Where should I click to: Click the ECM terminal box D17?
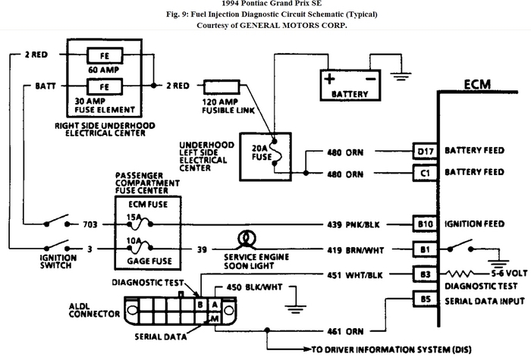425,152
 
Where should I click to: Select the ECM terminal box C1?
425,174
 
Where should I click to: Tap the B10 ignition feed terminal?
425,224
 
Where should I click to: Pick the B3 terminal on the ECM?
425,274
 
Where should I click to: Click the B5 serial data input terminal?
425,299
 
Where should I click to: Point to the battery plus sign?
329,79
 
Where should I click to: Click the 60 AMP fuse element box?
105,55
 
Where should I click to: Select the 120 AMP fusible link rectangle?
222,86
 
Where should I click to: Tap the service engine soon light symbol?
247,239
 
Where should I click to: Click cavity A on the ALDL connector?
215,305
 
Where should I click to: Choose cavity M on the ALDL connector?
215,318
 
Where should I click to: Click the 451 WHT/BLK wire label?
355,275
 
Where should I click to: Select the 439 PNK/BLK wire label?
353,224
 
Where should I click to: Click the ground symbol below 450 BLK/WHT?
295,309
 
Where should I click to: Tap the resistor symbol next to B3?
460,274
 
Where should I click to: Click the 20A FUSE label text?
262,152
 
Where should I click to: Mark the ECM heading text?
477,84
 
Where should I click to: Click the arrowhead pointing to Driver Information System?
307,349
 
